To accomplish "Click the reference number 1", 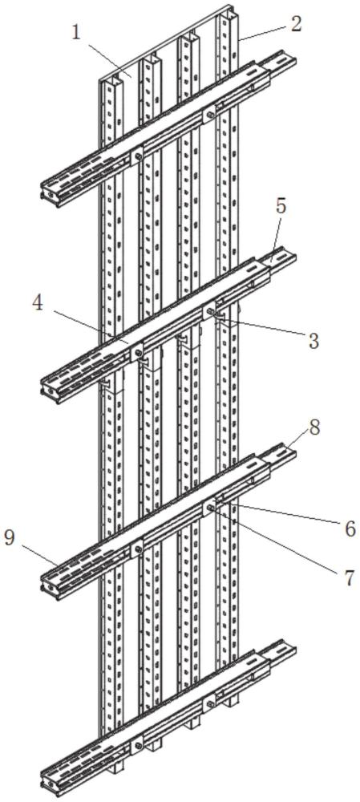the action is (x=77, y=33).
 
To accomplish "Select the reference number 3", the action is (x=313, y=340).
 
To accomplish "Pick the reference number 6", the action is (x=350, y=529).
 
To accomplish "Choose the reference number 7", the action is (x=349, y=577).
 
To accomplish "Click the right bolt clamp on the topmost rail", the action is (x=209, y=114).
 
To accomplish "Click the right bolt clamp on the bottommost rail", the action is (x=209, y=703).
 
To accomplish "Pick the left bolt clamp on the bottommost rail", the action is (x=136, y=745).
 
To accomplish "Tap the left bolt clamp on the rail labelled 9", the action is (x=136, y=549).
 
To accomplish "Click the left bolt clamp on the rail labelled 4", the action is (x=136, y=352).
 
